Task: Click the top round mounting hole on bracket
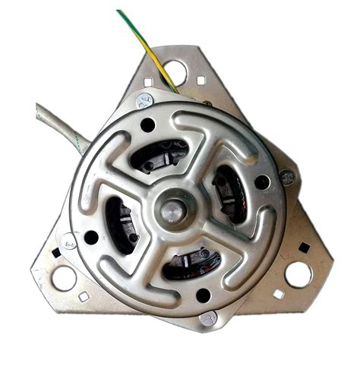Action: tap(175, 72)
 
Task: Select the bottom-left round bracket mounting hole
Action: tap(65, 277)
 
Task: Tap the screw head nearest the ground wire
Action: tap(145, 100)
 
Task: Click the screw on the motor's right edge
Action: tap(287, 178)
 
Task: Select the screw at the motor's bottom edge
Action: tap(207, 319)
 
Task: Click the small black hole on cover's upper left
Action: tap(147, 124)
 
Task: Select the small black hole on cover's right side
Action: tap(262, 182)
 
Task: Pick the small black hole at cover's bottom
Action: tap(203, 295)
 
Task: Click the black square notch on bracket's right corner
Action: tap(304, 248)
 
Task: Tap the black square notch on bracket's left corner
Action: tap(55, 252)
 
